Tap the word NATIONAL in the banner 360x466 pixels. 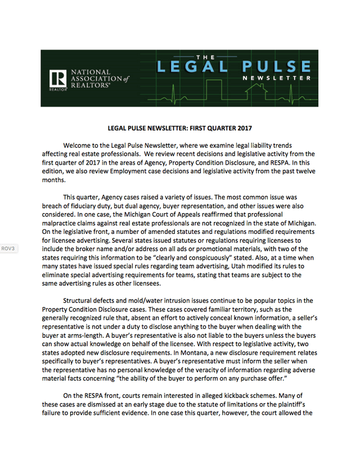[89, 73]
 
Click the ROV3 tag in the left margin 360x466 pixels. [10, 248]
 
